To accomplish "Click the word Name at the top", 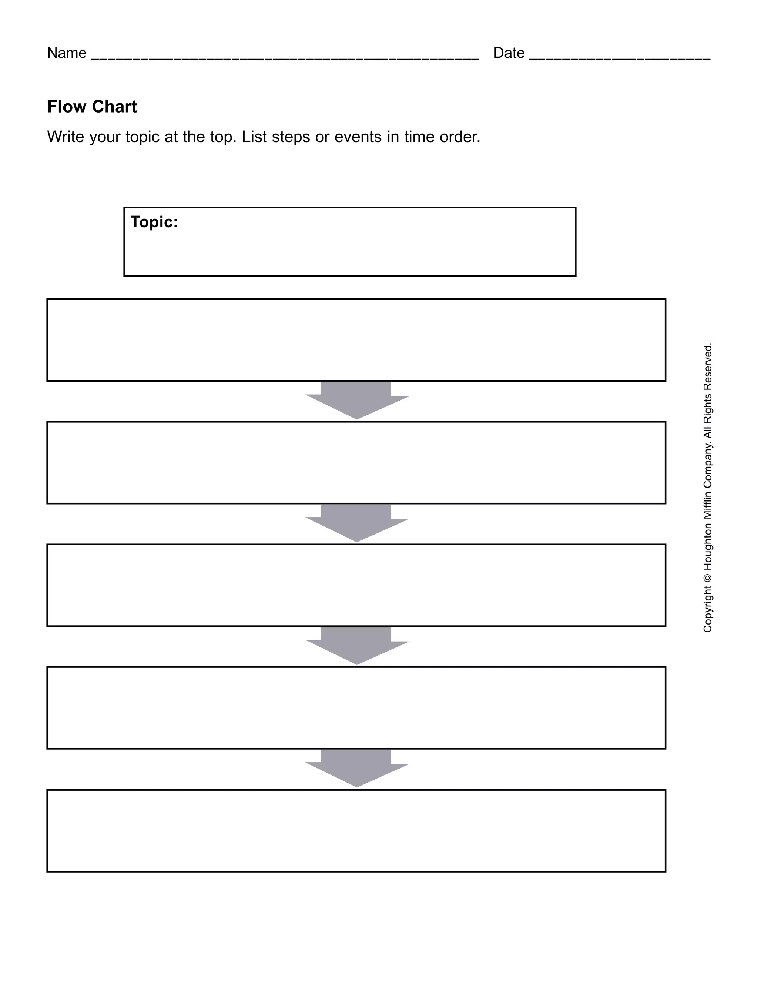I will click(x=67, y=53).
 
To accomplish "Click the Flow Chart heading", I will click(x=92, y=107).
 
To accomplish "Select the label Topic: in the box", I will click(x=154, y=222).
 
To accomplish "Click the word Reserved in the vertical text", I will click(x=708, y=366).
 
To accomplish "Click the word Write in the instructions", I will click(x=66, y=137).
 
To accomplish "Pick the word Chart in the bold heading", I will click(x=114, y=107).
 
